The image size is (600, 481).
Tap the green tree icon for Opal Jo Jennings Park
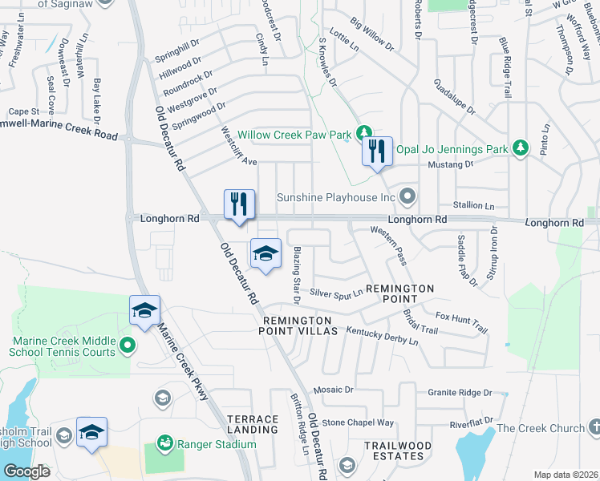tap(521, 148)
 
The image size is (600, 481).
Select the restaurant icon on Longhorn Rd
tap(239, 205)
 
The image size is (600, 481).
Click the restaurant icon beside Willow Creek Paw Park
tap(377, 152)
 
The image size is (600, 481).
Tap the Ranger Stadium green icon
tap(165, 442)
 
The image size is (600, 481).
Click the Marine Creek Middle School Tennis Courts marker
tap(126, 346)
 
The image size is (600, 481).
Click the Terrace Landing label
tap(253, 424)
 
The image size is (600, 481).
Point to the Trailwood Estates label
tap(398, 450)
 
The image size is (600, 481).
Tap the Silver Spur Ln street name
tap(336, 293)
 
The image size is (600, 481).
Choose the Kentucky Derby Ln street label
tap(382, 335)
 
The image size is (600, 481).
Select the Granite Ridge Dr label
tap(460, 393)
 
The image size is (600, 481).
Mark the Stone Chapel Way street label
tap(359, 422)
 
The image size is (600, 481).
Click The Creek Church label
tap(541, 428)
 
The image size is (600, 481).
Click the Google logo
tap(26, 471)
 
